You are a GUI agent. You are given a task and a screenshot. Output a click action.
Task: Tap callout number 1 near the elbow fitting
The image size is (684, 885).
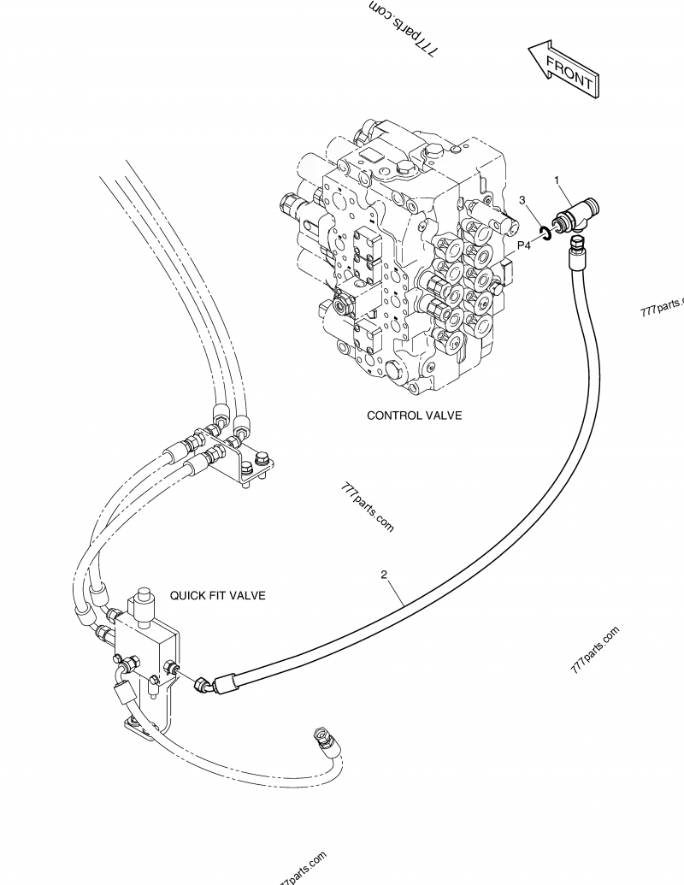(x=557, y=180)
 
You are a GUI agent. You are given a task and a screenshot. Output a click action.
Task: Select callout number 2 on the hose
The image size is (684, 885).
(x=384, y=576)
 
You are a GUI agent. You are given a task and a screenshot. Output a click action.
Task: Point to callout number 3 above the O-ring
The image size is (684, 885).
(x=523, y=200)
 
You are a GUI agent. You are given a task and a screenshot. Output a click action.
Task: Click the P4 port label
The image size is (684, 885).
(x=524, y=245)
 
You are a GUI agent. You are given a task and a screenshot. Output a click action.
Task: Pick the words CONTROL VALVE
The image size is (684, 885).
(x=414, y=416)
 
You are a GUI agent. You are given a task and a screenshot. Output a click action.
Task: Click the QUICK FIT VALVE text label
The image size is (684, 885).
(x=217, y=594)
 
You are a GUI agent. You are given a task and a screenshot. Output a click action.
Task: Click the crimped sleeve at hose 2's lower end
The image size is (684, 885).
(x=230, y=682)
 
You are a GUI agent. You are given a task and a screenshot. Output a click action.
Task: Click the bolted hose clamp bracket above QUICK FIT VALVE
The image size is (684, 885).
(x=247, y=468)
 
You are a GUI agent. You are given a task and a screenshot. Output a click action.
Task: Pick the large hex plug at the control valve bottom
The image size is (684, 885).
(x=398, y=369)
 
